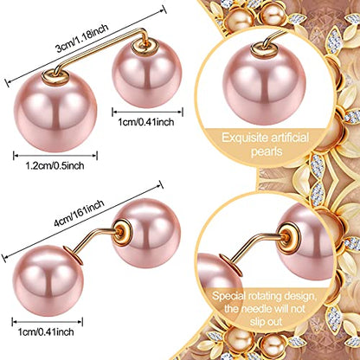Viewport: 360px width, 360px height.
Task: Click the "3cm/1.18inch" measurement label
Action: [82, 38]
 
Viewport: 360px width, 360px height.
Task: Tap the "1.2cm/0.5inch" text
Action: [55, 166]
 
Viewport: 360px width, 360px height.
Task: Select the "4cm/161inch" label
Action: [79, 214]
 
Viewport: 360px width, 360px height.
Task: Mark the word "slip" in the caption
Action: [257, 322]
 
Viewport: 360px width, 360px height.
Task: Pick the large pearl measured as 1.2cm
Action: [55, 111]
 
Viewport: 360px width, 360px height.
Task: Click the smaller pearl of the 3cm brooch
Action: [147, 74]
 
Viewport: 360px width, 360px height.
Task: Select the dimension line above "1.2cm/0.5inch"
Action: [55, 156]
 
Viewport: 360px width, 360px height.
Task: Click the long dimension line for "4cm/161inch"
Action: [82, 222]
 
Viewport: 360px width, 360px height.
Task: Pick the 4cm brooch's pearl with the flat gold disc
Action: [48, 280]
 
